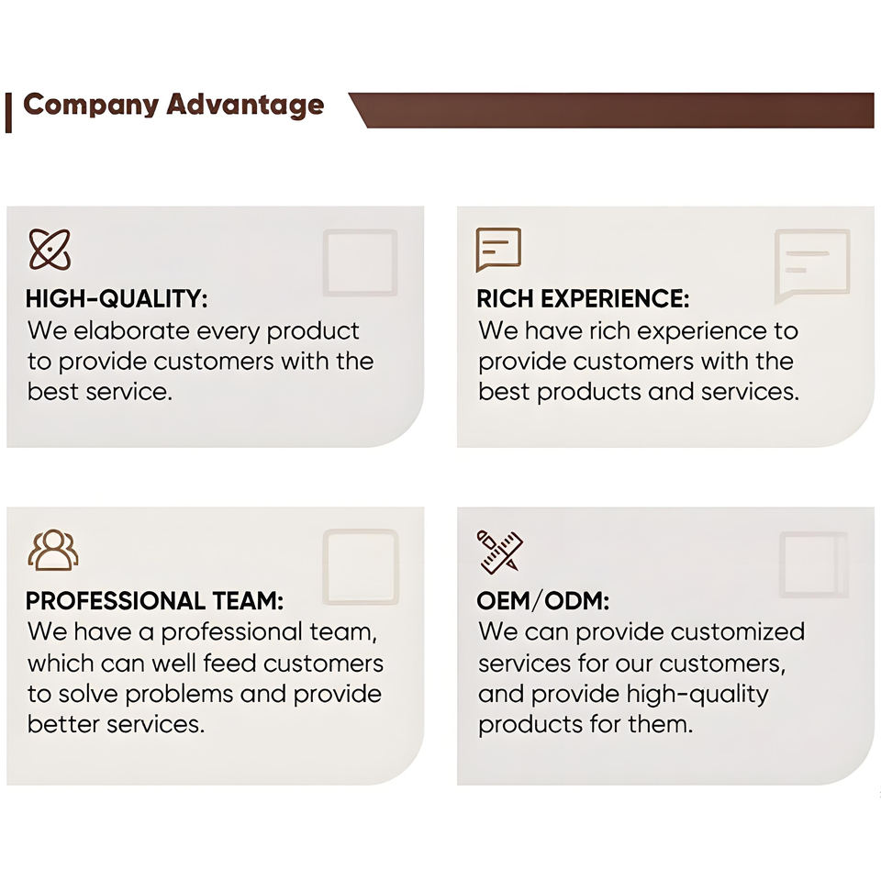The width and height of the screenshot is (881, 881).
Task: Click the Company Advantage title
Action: click(173, 105)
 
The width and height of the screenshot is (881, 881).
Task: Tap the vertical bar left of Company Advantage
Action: click(8, 113)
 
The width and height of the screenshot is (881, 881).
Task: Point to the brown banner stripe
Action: click(611, 110)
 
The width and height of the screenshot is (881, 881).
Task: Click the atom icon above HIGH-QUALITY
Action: click(50, 250)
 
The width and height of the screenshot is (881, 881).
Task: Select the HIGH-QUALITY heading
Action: click(117, 298)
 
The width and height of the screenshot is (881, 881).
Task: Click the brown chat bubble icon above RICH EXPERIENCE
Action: click(498, 250)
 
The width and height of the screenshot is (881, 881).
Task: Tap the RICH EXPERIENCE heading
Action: click(583, 298)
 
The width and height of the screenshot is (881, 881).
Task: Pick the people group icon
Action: click(53, 550)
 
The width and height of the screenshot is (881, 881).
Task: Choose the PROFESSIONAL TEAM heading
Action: click(154, 600)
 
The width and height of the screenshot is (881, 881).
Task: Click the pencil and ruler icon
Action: click(499, 552)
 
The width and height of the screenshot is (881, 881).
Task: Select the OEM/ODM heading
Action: click(542, 600)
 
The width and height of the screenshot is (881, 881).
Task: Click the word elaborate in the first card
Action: click(131, 330)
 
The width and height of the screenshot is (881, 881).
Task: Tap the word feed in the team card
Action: click(229, 663)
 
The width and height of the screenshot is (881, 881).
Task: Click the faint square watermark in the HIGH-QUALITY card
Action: click(360, 262)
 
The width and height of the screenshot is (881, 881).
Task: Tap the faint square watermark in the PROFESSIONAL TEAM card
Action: click(361, 566)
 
